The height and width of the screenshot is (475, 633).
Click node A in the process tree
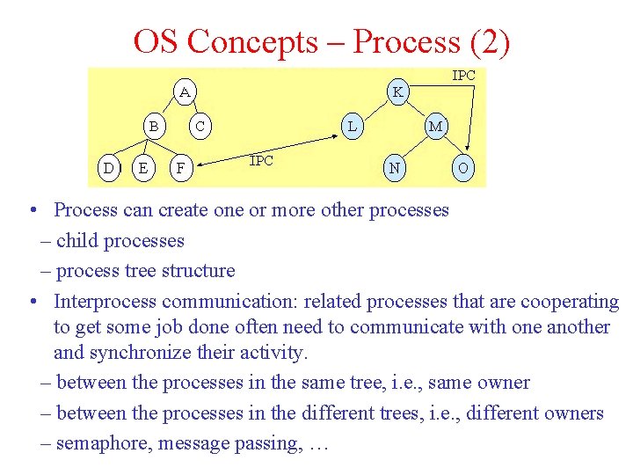[x=185, y=91]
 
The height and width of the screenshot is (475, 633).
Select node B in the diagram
[x=154, y=127]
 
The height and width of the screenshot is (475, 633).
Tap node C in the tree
[x=200, y=127]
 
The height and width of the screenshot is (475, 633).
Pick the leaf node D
[x=108, y=167]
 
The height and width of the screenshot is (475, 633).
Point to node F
[x=180, y=167]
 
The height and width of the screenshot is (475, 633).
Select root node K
[x=398, y=91]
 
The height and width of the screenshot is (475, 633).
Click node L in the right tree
[x=352, y=127]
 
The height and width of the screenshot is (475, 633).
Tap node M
[x=435, y=127]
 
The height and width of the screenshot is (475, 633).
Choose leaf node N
[x=396, y=167]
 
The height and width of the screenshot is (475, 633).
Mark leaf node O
[x=463, y=167]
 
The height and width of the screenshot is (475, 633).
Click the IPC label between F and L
[x=261, y=160]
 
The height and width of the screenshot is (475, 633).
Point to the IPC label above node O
[x=463, y=76]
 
